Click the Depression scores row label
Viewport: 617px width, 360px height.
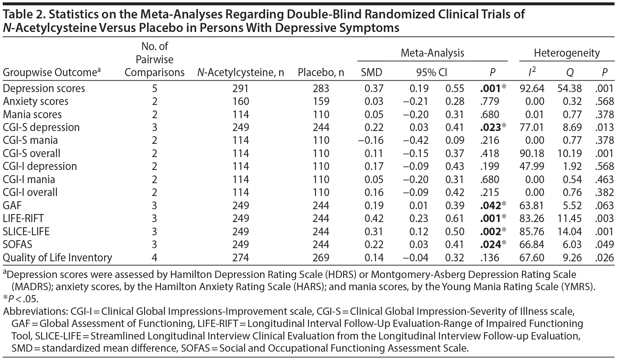click(44, 88)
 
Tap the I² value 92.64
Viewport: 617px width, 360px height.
click(532, 88)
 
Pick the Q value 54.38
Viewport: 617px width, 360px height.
click(569, 88)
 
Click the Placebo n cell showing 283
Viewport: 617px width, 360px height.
click(321, 88)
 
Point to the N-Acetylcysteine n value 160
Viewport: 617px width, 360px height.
click(241, 101)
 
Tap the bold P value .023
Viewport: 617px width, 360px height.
click(490, 128)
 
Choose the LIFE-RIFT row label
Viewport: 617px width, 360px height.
click(23, 218)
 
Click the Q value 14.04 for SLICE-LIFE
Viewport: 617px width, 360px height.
click(569, 231)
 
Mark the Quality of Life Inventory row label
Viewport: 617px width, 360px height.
click(57, 257)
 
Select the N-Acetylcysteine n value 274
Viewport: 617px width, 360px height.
click(241, 257)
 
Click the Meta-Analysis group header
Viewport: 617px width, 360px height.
click(432, 53)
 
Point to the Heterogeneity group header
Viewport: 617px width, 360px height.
click(567, 53)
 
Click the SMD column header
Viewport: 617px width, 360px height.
click(372, 72)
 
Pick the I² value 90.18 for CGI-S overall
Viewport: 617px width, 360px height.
click(532, 153)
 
